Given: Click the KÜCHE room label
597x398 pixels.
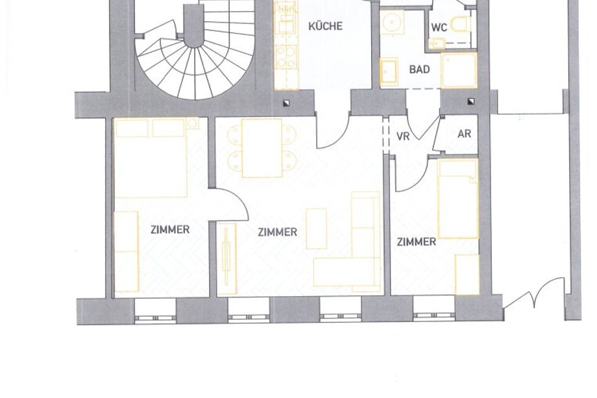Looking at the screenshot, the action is point(325,26).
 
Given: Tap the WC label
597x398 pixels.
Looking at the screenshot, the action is point(439,28).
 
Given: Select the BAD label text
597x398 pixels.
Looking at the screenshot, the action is point(419,69).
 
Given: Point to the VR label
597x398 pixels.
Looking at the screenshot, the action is point(403,136).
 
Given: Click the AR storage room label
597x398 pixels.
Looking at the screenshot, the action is point(464,134).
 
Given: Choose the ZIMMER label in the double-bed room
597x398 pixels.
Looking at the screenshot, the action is point(170,230).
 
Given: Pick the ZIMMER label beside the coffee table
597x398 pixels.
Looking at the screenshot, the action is point(277,232).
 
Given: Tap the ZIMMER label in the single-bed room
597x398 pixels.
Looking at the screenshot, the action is point(416,242).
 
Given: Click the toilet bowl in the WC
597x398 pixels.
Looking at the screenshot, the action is point(460,25).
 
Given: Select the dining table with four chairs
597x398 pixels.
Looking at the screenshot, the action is point(262,148).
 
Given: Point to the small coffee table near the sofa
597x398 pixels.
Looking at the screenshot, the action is point(317,229).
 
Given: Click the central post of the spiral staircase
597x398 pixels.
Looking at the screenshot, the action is point(194,26).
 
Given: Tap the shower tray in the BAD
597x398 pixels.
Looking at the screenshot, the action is point(458,71).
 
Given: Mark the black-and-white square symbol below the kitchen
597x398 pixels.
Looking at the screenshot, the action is point(286,103).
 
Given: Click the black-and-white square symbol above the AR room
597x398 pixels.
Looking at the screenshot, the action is point(471,101).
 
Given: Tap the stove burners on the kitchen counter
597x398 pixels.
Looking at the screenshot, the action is point(286,56).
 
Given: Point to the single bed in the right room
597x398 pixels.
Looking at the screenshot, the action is point(457,199).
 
